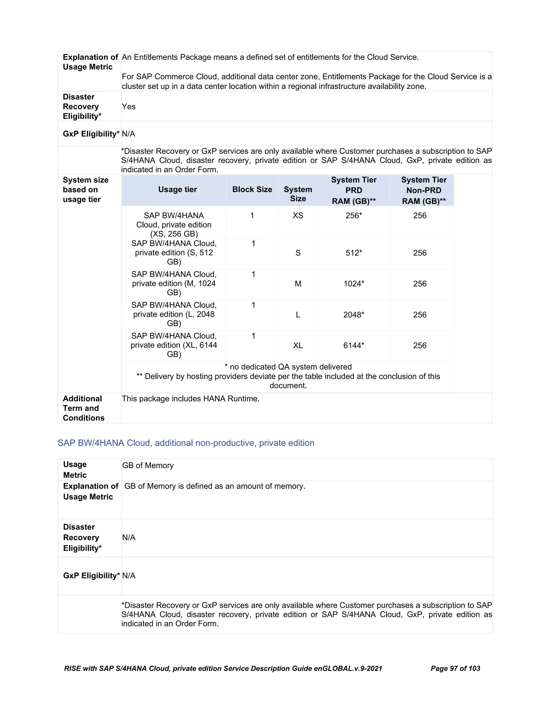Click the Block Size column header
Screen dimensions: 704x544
[x=252, y=189]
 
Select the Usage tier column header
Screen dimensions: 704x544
[x=178, y=189]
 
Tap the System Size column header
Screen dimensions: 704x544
[x=298, y=194]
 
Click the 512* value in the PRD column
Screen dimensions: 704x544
[x=354, y=253]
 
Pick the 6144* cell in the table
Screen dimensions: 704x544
[x=354, y=346]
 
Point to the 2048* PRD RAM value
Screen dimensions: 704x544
[x=354, y=315]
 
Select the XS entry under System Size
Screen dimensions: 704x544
[x=298, y=216]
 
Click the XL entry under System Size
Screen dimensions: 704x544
[x=298, y=346]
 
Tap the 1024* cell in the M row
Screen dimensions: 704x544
[x=354, y=284]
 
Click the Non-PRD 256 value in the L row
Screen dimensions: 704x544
[x=420, y=315]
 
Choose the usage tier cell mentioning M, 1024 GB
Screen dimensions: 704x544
[x=174, y=283]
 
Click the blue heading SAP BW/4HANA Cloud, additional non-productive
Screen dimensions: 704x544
[x=186, y=443]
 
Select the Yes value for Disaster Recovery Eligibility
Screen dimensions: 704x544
[x=129, y=107]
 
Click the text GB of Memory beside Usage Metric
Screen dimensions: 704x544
[x=148, y=465]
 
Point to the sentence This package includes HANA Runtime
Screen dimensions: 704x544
[x=190, y=399]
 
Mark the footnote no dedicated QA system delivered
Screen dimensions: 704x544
[x=288, y=367]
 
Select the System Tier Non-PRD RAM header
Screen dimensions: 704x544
[x=423, y=190]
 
